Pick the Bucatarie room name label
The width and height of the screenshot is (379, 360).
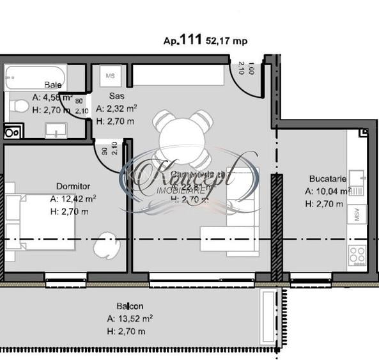(x=327, y=180)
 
